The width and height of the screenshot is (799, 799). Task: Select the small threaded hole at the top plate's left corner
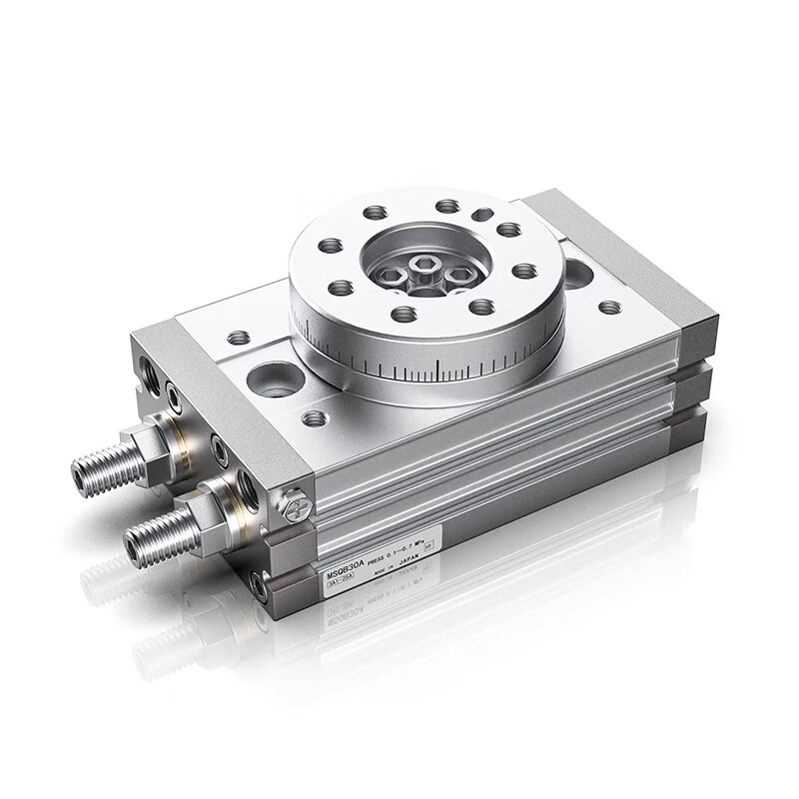(x=238, y=338)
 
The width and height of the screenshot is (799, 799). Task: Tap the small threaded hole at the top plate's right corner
(x=608, y=308)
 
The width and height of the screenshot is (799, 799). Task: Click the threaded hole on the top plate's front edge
(x=315, y=417)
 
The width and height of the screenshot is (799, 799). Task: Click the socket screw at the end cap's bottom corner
(x=262, y=590)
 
